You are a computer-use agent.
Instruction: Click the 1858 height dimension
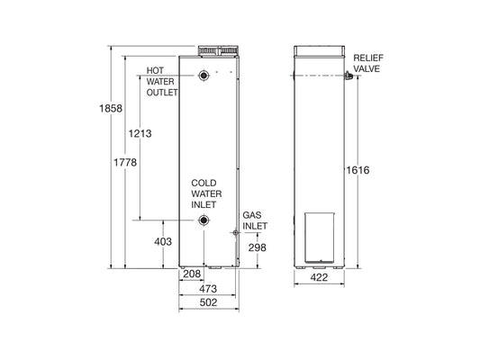105,110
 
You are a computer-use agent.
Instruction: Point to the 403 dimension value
163,242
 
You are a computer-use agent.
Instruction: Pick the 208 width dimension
191,273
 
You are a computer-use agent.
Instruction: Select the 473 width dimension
208,289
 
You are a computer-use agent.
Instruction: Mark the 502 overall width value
208,305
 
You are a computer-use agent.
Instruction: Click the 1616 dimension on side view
359,170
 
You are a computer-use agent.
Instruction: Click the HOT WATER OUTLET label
163,81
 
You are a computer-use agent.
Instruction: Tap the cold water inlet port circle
206,220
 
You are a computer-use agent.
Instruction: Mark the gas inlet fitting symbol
236,232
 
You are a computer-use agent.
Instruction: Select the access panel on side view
322,238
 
